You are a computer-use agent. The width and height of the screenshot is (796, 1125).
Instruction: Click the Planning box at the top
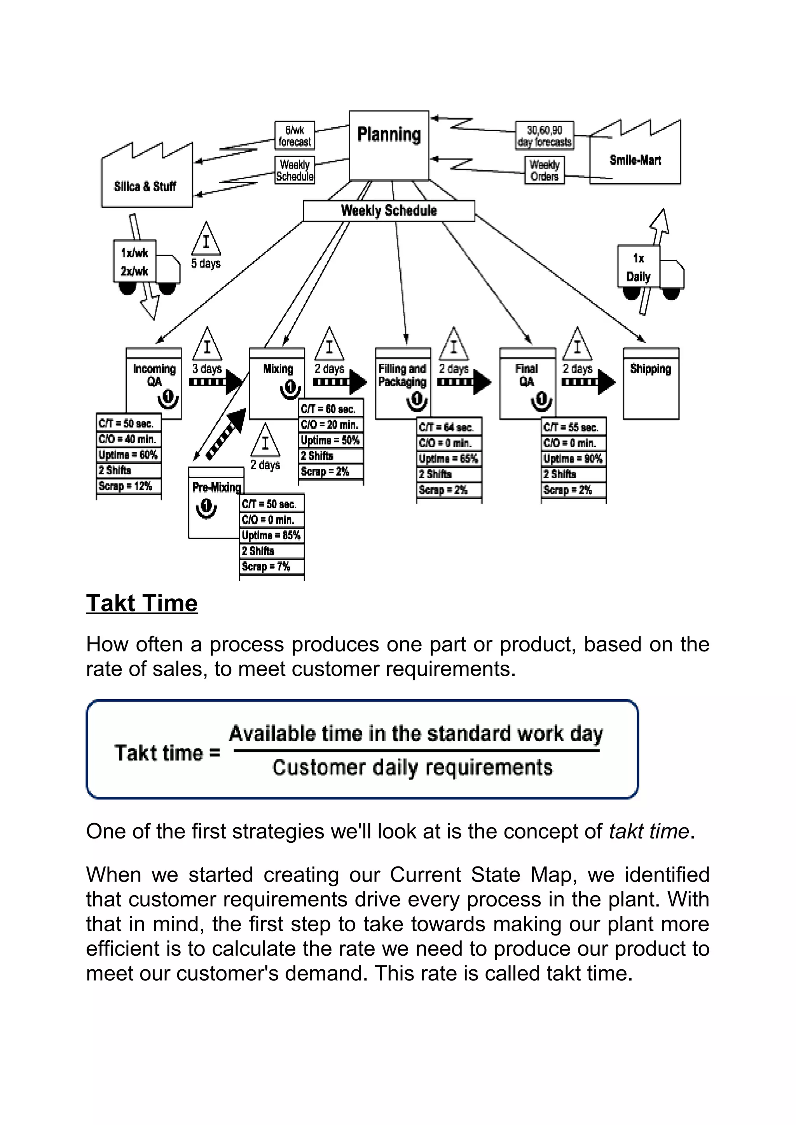tap(389, 145)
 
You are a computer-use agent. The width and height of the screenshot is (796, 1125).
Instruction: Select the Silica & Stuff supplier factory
tap(146, 181)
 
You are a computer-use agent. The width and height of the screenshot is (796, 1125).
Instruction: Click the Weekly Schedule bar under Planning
tap(389, 211)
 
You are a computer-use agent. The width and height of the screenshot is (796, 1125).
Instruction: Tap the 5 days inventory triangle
tap(206, 240)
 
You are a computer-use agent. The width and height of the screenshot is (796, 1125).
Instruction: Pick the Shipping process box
tap(650, 383)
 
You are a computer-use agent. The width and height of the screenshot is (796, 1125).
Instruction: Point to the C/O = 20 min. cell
tap(330, 425)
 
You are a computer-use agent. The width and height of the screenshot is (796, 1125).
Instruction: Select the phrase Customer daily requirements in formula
tap(412, 767)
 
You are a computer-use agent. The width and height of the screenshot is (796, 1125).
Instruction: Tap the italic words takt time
tap(648, 832)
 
